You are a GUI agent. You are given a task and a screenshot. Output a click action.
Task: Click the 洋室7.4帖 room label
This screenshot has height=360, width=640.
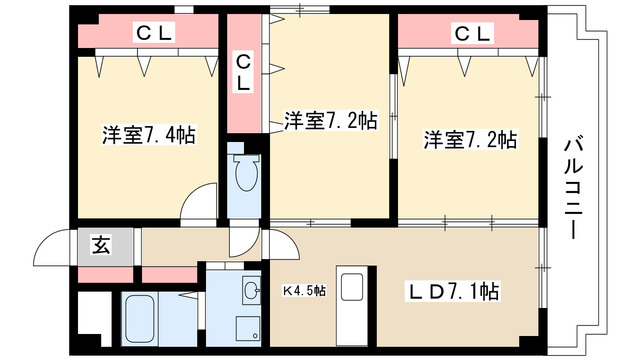pyautogui.click(x=148, y=135)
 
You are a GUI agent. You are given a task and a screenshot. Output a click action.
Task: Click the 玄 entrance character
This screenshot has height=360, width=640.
pyautogui.click(x=102, y=243)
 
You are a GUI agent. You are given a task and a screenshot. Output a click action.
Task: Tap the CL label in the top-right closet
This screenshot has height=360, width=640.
pyautogui.click(x=471, y=33)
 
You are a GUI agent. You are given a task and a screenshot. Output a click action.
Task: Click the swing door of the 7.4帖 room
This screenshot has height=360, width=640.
pyautogui.click(x=203, y=205)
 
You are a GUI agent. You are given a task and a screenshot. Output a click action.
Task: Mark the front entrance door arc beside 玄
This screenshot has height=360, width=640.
pyautogui.click(x=55, y=245)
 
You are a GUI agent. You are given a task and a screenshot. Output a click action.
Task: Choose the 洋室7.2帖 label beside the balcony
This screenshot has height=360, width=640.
pyautogui.click(x=469, y=140)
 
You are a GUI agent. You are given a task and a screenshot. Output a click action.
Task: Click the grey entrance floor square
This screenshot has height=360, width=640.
pyautogui.click(x=102, y=245)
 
